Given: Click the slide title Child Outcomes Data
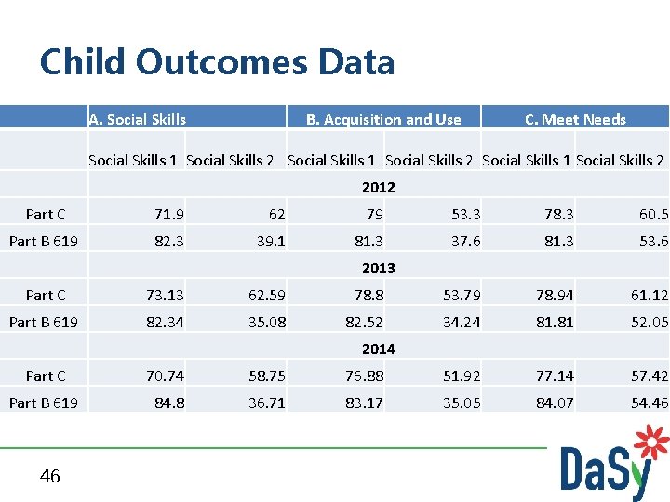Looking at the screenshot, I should (217, 62).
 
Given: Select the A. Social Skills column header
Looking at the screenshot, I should (138, 119).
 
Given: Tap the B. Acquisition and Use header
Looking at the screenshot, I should (383, 119).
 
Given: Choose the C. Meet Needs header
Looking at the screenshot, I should (575, 119).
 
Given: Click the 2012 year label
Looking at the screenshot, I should (378, 187).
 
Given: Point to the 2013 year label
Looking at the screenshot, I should (378, 268).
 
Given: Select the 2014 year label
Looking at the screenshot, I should (378, 349).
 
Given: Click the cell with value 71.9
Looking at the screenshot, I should (168, 215).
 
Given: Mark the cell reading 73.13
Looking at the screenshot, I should (165, 296).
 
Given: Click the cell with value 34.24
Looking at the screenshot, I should (462, 323).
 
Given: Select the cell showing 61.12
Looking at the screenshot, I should (649, 296).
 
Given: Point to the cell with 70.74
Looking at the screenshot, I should (165, 376).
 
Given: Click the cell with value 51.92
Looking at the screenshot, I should (462, 376).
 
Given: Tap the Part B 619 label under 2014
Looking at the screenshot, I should (44, 403).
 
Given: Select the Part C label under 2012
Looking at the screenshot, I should (46, 215).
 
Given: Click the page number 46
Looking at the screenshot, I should (50, 476).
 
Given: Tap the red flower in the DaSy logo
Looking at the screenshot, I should (650, 444).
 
